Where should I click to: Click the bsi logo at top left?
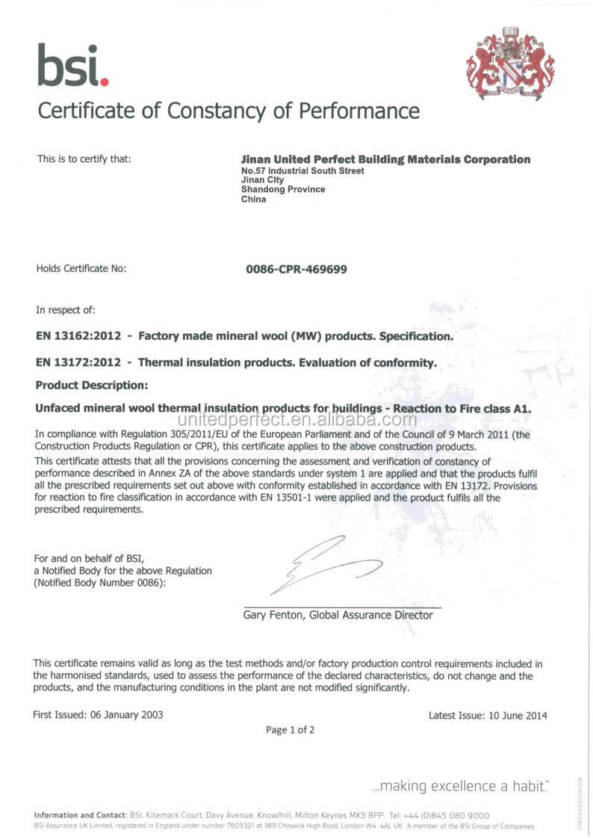[73, 65]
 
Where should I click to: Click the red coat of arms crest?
[510, 64]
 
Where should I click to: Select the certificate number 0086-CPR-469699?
[296, 268]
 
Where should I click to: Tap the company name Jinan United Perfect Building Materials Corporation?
[385, 159]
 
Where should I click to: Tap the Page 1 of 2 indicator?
[290, 730]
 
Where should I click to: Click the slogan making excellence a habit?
[460, 786]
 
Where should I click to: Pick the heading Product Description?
[92, 385]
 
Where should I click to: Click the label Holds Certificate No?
[81, 268]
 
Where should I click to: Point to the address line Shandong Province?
[283, 189]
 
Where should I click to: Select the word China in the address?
[253, 199]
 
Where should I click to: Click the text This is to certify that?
[84, 158]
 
